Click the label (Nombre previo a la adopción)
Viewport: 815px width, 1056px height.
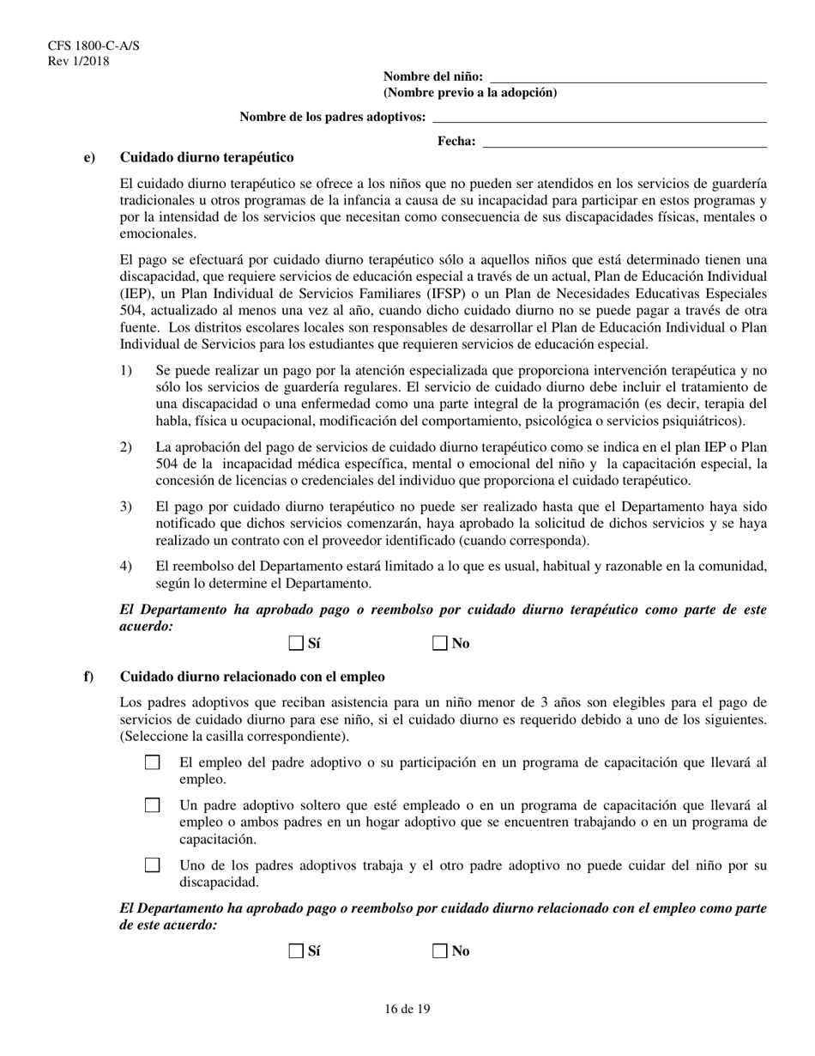469,93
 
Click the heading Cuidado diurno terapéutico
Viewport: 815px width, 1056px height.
207,158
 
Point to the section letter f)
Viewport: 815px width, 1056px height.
88,677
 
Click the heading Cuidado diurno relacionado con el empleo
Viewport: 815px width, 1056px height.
252,677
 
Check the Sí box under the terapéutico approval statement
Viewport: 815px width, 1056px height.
296,643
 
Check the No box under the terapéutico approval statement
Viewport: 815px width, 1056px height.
440,643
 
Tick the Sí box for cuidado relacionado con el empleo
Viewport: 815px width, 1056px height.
296,950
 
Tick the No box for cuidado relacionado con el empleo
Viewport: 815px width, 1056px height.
440,950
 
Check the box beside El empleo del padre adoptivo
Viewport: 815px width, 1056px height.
153,762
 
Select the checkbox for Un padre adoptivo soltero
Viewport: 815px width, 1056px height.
153,805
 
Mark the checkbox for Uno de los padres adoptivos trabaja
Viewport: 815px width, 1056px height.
153,865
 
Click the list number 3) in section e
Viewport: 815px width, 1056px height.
126,507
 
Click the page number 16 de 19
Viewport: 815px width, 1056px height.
407,1010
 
